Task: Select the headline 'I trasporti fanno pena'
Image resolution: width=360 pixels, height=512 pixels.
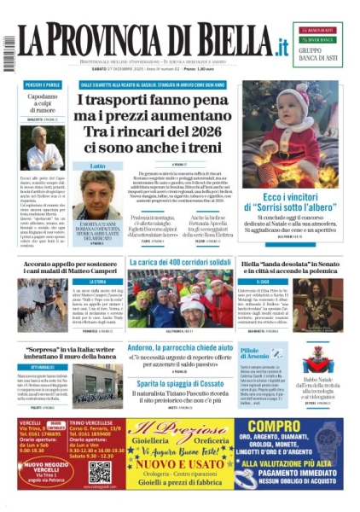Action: click(180, 101)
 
